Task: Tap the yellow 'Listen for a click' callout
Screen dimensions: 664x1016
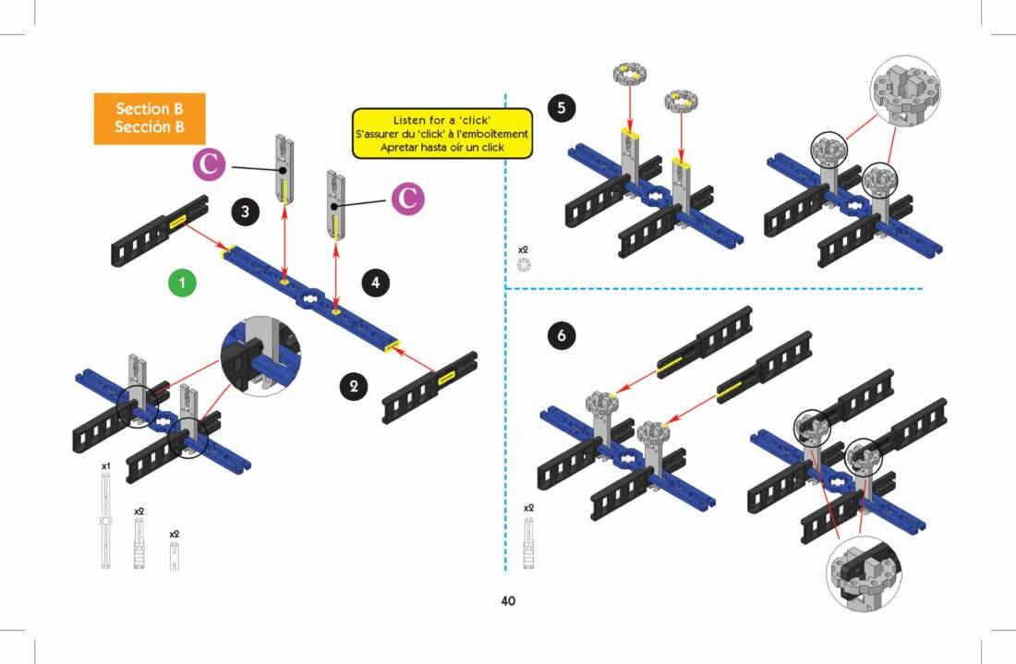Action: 442,134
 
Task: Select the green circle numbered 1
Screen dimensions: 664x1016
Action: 183,284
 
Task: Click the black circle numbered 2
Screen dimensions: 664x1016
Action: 352,385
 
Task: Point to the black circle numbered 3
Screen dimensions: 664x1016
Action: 244,211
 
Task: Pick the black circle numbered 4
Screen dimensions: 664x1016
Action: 374,283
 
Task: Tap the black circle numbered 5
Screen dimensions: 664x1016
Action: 561,109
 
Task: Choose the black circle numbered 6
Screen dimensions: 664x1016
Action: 561,334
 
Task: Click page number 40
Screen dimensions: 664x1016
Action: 508,601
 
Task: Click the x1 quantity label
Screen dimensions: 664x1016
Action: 106,466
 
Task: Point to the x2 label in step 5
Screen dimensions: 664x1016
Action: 523,249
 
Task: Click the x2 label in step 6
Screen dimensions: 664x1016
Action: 528,508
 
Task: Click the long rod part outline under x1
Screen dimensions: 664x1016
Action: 106,522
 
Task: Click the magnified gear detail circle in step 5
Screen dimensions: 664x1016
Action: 905,90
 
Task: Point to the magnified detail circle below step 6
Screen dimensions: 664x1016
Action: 863,572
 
